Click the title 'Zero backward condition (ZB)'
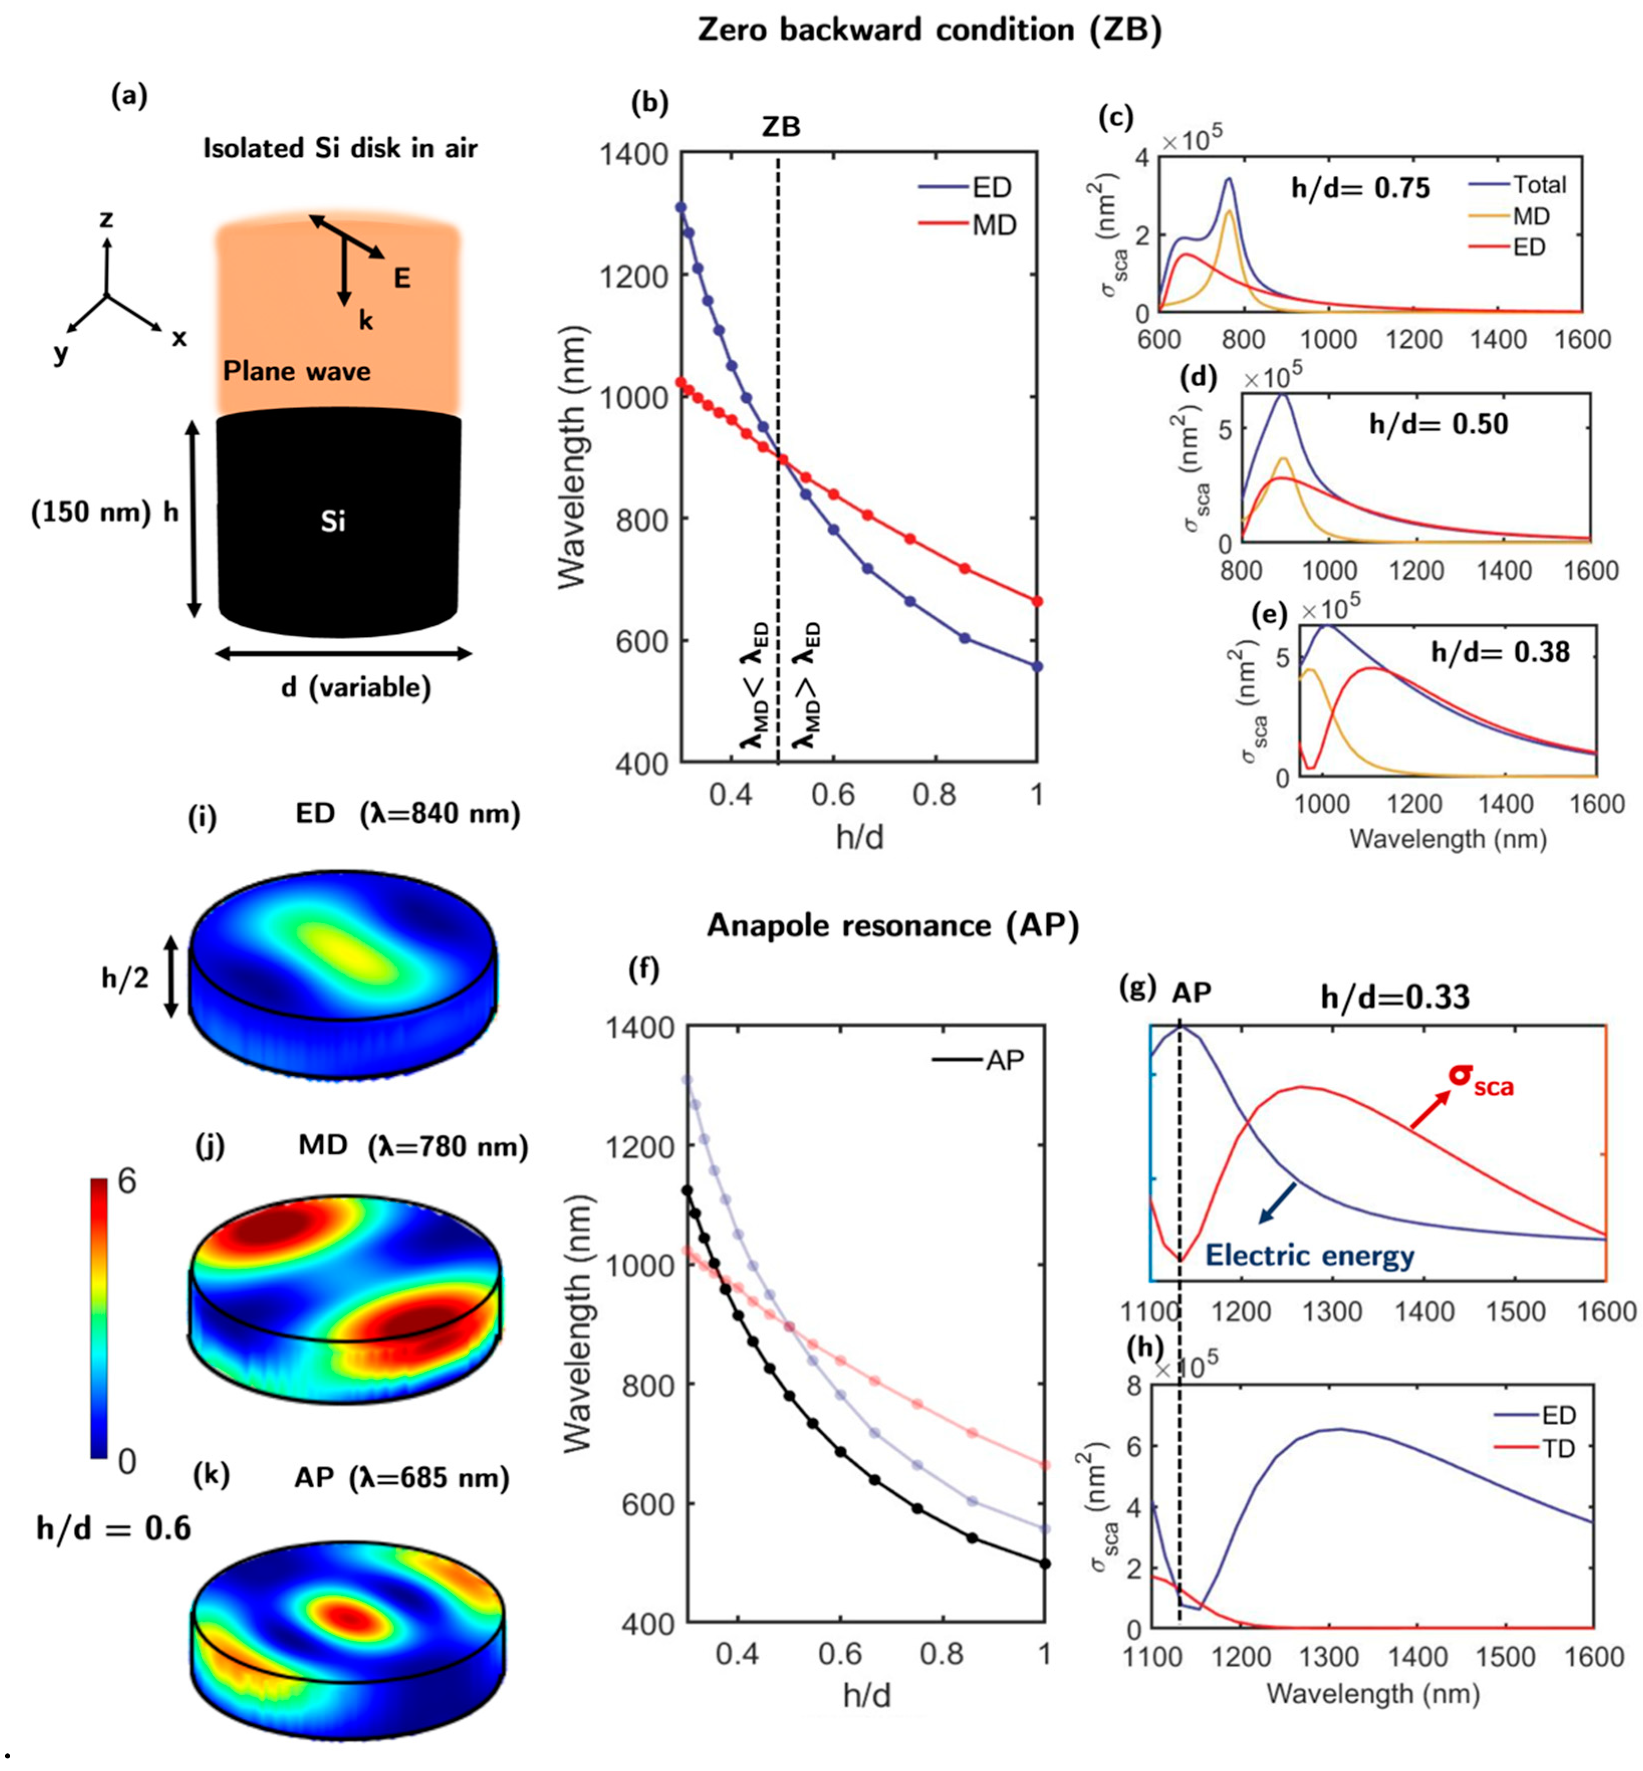coord(929,30)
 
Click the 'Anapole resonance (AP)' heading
coord(893,926)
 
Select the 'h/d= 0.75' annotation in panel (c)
coord(1360,188)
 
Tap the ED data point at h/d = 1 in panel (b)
coord(1037,667)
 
